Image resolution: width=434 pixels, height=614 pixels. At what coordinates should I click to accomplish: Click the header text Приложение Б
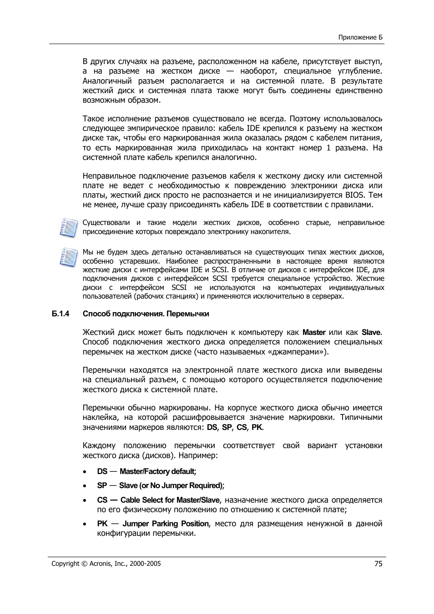(361, 37)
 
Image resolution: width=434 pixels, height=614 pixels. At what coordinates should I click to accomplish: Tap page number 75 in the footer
(378, 564)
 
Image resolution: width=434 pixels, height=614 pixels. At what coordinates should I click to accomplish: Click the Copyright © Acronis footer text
(106, 564)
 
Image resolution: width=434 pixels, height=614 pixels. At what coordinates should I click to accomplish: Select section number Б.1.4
(60, 314)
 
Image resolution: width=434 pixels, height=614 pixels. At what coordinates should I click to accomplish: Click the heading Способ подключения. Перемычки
(146, 314)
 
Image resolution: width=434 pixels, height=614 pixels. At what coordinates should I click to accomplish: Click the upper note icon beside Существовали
(68, 227)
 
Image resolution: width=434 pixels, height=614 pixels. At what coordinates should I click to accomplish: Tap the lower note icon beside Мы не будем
(68, 257)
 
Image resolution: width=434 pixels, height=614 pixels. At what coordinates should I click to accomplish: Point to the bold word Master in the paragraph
(314, 333)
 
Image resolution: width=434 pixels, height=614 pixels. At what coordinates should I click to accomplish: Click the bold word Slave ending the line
(371, 333)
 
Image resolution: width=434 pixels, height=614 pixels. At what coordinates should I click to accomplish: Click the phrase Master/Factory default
(157, 472)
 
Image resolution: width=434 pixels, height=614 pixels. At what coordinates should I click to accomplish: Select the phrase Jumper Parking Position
(166, 524)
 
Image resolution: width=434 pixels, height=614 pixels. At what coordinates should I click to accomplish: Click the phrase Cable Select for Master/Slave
(170, 500)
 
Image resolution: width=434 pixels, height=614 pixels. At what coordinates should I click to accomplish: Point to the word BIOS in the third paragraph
(355, 195)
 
